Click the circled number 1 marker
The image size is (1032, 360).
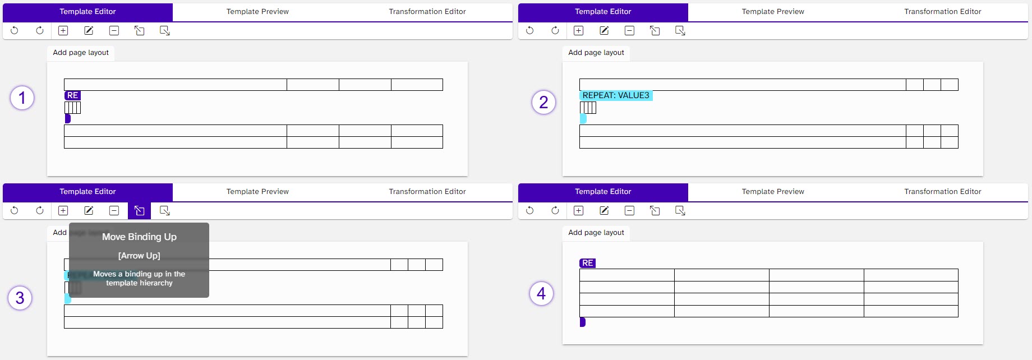click(22, 98)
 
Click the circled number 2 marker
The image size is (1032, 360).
click(543, 102)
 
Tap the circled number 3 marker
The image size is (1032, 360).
click(20, 298)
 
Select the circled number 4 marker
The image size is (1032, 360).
click(541, 293)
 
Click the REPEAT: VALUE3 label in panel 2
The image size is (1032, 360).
click(615, 95)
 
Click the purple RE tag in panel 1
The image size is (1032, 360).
click(72, 95)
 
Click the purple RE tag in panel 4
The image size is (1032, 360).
click(587, 263)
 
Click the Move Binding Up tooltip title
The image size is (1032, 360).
click(139, 237)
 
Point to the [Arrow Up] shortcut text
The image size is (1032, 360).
click(139, 256)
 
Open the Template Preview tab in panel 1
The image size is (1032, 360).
click(257, 12)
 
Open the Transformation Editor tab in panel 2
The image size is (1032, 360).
click(942, 12)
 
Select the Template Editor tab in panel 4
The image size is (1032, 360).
click(603, 192)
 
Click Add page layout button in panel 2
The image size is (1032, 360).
click(596, 53)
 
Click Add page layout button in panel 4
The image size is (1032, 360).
click(596, 233)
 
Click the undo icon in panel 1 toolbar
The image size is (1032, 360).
click(15, 31)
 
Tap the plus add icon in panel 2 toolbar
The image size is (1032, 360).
click(579, 31)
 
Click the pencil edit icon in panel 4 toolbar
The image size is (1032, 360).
click(604, 211)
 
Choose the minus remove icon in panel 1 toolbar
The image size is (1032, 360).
click(114, 31)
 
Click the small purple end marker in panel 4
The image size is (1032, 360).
click(582, 322)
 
